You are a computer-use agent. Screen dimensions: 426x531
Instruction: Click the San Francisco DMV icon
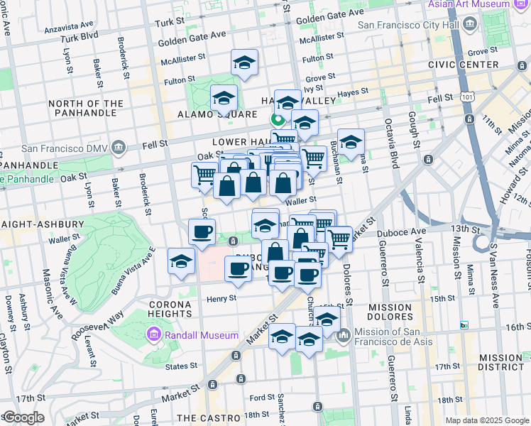pos(117,148)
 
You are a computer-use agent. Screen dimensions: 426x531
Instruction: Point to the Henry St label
pos(221,299)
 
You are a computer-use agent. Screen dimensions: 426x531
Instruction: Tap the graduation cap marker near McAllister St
pos(244,63)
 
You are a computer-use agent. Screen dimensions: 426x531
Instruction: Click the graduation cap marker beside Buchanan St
pos(350,141)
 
